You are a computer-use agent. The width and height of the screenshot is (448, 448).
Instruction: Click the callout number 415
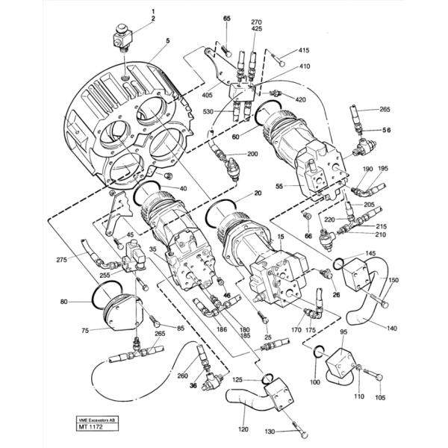[x=303, y=50]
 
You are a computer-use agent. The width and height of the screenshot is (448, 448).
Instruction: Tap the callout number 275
[x=62, y=260]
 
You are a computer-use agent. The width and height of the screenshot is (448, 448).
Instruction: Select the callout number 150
[x=393, y=279]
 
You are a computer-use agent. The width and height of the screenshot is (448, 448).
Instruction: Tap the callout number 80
[x=64, y=302]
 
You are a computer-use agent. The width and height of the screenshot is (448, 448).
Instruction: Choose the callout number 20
[x=258, y=193]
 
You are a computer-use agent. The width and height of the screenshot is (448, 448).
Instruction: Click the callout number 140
[x=392, y=327]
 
